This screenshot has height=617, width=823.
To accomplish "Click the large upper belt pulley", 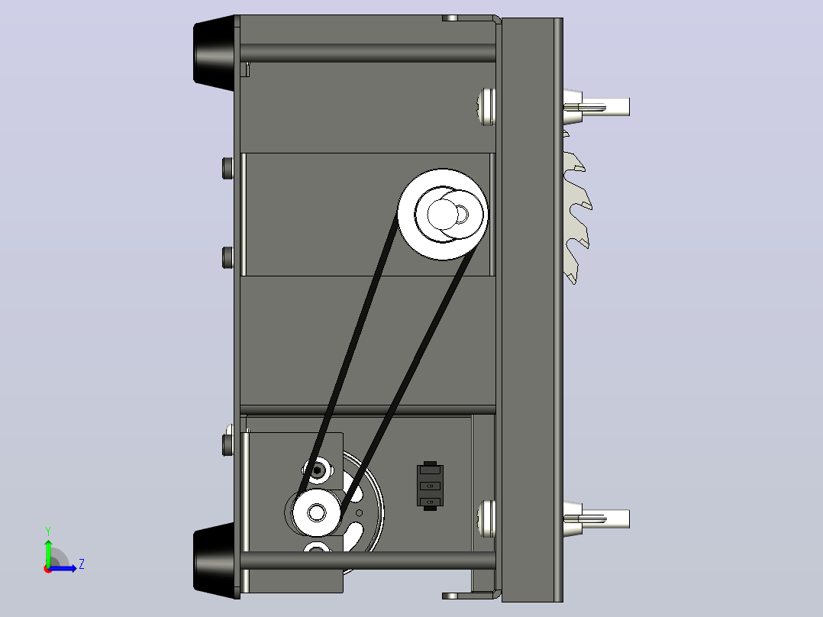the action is [443, 214].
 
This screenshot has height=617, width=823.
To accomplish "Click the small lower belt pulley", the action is [317, 512].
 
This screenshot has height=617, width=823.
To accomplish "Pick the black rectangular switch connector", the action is [430, 486].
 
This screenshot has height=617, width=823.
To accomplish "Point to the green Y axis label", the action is [48, 531].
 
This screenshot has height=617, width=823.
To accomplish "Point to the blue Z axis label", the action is [82, 564].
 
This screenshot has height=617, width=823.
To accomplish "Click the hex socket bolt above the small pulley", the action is [317, 470].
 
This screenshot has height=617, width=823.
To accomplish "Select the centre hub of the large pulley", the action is [443, 214].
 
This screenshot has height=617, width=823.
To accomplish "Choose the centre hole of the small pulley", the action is [317, 512].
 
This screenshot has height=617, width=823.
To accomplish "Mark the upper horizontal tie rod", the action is [367, 53].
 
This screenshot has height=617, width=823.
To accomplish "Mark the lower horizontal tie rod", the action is [367, 560].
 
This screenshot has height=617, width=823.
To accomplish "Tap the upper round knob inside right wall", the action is [486, 107].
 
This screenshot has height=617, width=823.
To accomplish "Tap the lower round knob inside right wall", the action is [486, 518].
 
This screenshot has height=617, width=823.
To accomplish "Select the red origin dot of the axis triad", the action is [48, 569].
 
